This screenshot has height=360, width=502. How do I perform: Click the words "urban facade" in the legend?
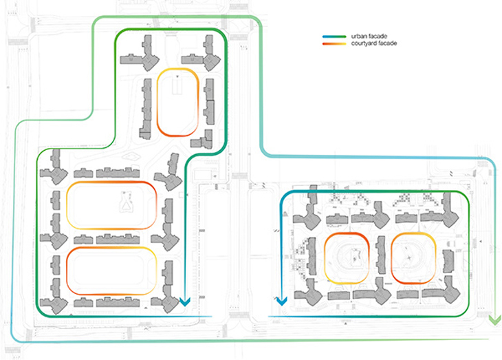(x=369, y=36)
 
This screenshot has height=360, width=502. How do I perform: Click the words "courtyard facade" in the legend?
(x=374, y=43)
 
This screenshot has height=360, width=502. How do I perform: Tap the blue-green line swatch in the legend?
(x=334, y=36)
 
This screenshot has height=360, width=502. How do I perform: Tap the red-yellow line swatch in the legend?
(x=334, y=43)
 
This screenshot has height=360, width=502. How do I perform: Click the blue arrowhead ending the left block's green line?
(x=185, y=301)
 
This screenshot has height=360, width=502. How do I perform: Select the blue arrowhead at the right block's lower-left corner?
(x=281, y=301)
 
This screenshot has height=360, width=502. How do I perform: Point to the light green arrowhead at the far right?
(x=495, y=320)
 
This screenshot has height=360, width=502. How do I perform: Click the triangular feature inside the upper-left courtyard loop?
(x=127, y=202)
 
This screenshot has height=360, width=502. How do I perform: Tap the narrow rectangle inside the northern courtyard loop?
(x=177, y=85)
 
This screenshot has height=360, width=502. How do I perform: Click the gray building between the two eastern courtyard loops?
(x=381, y=255)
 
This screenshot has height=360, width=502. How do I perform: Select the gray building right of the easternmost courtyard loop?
(x=448, y=261)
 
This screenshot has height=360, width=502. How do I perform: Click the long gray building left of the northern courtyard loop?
(x=146, y=109)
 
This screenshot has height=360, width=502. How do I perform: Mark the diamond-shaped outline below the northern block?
(x=131, y=157)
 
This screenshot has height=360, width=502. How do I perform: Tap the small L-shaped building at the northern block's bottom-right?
(x=202, y=140)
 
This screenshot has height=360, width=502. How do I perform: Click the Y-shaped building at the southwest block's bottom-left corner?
(x=54, y=297)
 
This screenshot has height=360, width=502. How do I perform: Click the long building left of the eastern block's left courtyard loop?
(x=310, y=257)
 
